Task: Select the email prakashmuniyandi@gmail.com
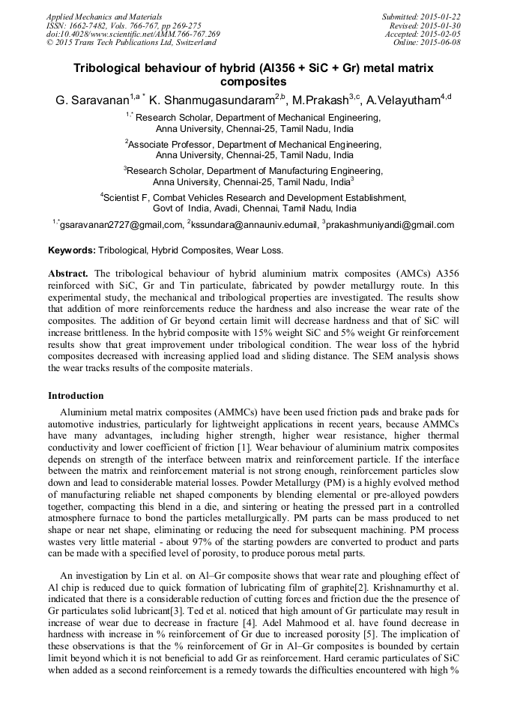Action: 390,225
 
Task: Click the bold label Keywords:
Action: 72,250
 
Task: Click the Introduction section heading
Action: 76,395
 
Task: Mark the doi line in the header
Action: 133,34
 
